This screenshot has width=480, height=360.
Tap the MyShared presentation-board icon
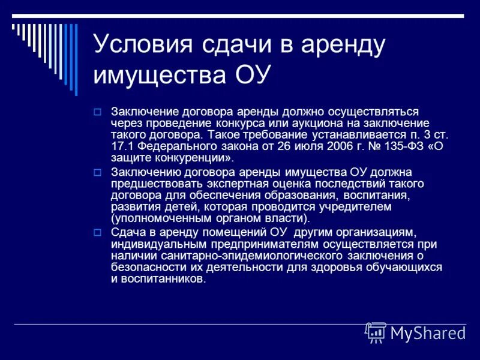click(x=376, y=332)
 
